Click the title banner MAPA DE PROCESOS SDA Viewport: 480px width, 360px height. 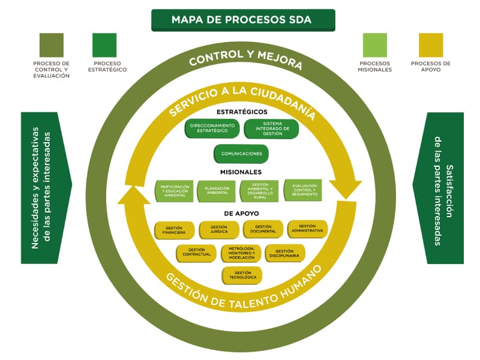tap(242, 20)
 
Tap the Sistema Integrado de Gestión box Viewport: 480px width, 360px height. tap(271, 128)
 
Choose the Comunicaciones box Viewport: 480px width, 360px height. tap(241, 154)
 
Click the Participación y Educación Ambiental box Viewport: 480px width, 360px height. tap(175, 191)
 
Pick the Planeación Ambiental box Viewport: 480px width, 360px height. tap(217, 191)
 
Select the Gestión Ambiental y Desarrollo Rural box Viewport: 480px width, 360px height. tap(260, 191)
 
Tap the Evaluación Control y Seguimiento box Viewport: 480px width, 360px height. tap(303, 190)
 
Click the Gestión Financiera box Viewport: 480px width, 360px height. tap(174, 230)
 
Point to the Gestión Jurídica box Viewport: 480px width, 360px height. tap(218, 230)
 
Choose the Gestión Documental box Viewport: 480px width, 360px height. tap(263, 229)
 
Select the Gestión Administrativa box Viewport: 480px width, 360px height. tap(307, 229)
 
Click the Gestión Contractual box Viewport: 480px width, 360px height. tap(196, 253)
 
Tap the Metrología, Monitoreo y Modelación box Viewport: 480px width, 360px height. tap(241, 253)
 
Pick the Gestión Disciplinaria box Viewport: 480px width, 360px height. tap(285, 253)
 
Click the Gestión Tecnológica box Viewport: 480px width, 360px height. tap(242, 275)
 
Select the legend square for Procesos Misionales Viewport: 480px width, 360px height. tap(375, 45)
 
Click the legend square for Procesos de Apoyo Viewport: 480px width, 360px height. tap(430, 45)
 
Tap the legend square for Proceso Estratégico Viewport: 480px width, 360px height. tap(104, 45)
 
